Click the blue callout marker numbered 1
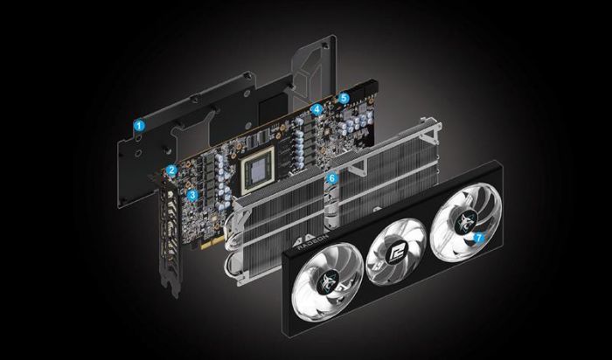coord(138,126)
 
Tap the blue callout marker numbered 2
coord(172,170)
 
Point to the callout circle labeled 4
coord(316,111)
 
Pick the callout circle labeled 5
coord(344,99)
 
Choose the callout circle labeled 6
coord(331,177)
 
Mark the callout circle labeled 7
coord(478,236)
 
